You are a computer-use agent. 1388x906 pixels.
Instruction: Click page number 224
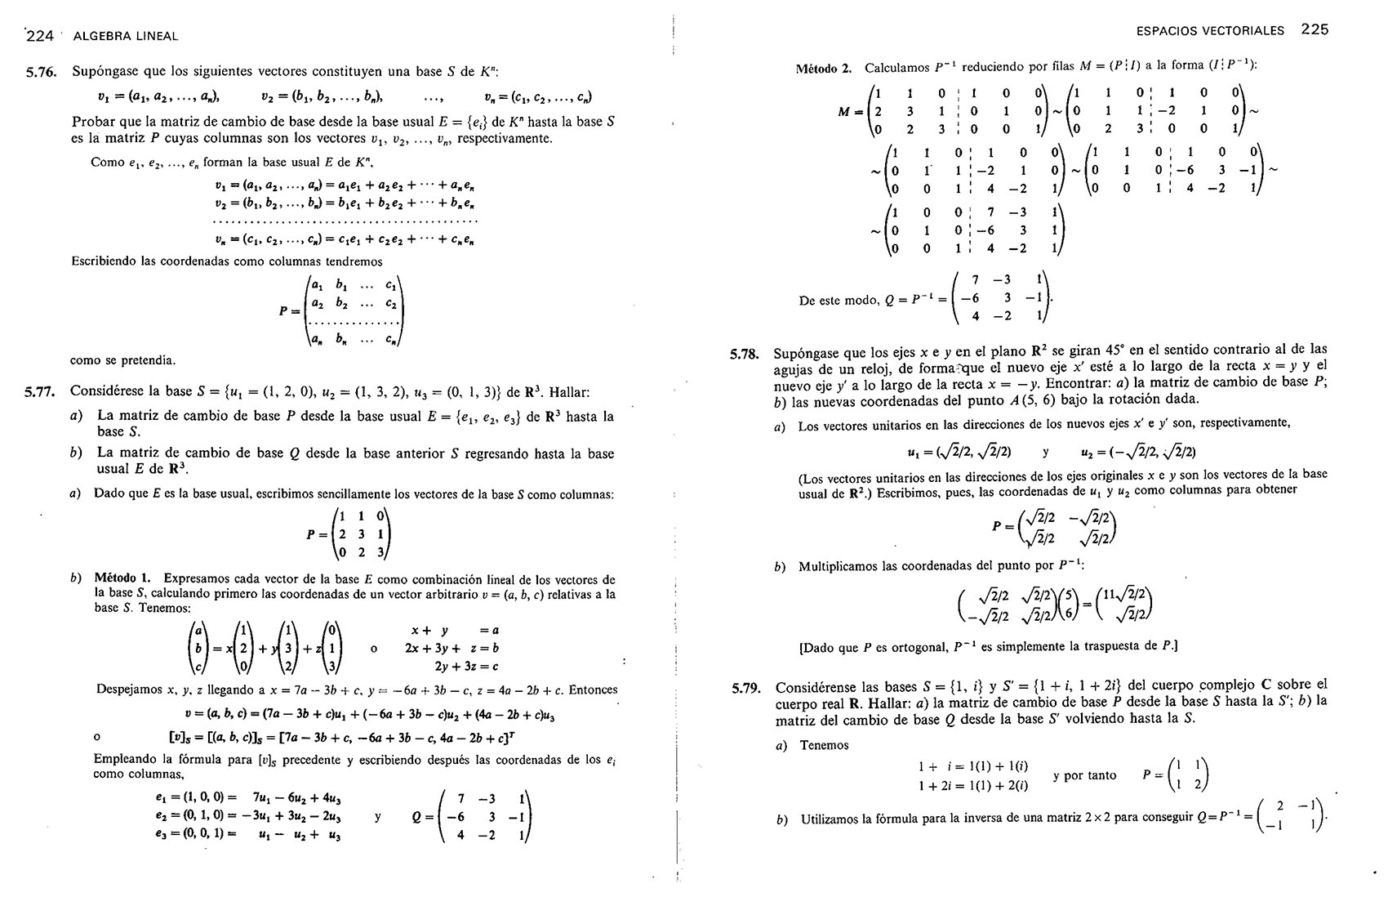(x=40, y=35)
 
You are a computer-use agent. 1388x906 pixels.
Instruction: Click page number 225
(x=1315, y=29)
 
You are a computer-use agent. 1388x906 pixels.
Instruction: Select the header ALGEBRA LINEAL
(x=125, y=36)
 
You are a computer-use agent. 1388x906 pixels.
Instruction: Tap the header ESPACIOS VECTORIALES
(x=1210, y=31)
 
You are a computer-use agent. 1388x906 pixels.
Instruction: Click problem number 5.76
(x=41, y=72)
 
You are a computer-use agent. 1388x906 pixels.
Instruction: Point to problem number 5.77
(x=40, y=392)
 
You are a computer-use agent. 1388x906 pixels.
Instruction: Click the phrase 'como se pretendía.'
(x=123, y=359)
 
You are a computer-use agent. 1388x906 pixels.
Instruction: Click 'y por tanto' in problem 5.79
(x=1084, y=775)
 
